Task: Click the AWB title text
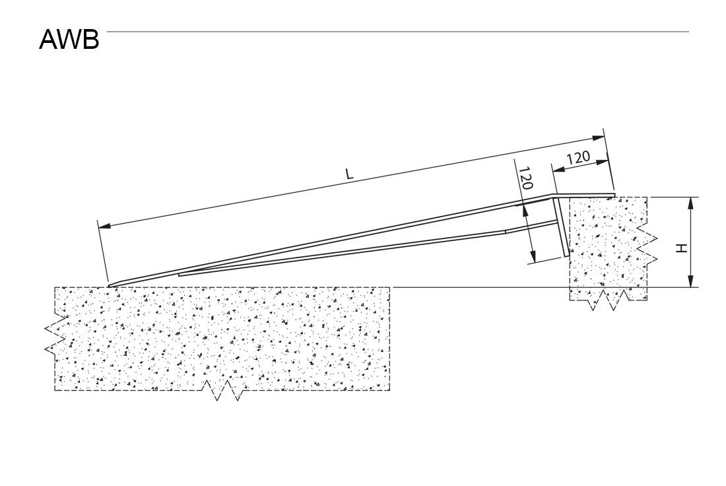pos(69,40)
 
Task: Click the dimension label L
pos(349,174)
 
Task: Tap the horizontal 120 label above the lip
pos(578,158)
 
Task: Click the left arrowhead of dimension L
pos(104,226)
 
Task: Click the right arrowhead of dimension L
pos(598,137)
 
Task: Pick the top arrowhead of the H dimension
pos(690,203)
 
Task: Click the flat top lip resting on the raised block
pos(584,195)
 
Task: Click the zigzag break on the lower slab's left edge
pos(54,335)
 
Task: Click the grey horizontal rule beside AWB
pos(398,32)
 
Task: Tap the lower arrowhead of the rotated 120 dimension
pos(533,255)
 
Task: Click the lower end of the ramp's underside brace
pos(180,275)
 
